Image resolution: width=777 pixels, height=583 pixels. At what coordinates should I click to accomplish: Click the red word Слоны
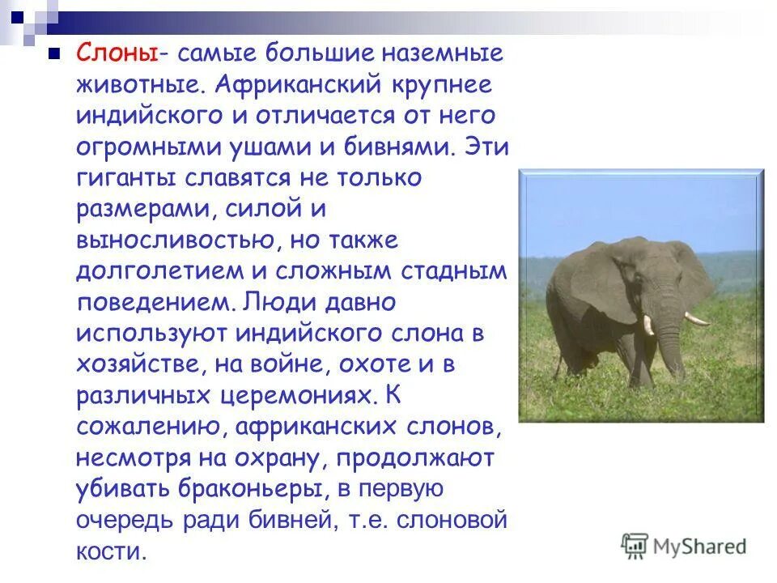point(117,53)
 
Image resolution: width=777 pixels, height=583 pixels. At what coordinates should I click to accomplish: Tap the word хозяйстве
point(138,364)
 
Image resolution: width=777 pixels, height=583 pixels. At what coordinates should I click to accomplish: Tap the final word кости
point(111,551)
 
